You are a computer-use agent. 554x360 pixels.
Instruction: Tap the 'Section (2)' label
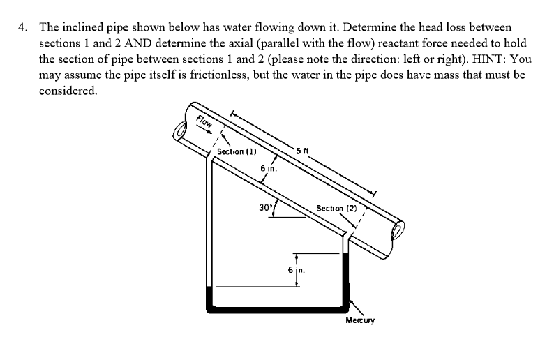coord(336,208)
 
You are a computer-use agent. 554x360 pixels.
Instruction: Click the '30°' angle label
coord(265,207)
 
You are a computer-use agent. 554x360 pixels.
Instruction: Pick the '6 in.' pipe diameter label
coord(269,168)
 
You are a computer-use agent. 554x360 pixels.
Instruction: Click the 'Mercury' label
coord(360,320)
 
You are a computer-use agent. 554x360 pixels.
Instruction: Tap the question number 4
coord(23,28)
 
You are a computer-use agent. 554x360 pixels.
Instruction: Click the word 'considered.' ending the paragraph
coord(68,90)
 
